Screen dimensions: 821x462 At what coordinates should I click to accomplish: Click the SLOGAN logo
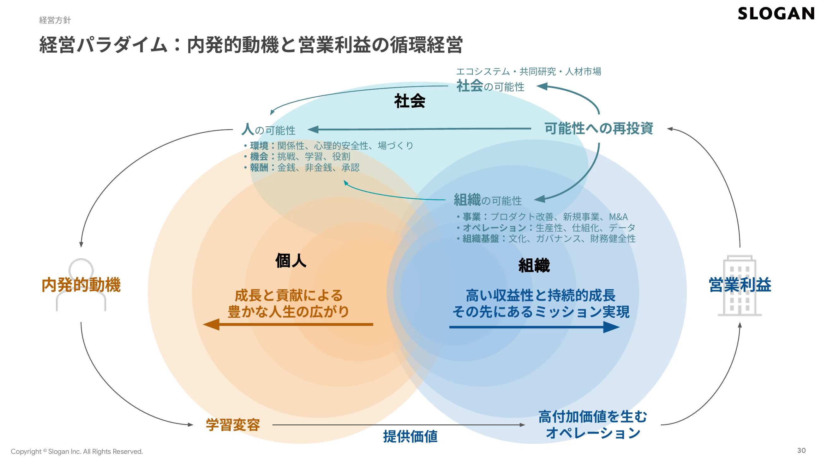click(776, 13)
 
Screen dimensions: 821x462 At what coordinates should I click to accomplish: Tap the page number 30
click(801, 450)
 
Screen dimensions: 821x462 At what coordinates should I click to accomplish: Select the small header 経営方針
click(55, 20)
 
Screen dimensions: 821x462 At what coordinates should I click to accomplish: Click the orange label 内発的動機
click(81, 285)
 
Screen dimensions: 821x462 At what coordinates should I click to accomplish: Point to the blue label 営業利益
click(740, 285)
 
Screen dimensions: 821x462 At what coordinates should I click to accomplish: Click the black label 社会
click(410, 101)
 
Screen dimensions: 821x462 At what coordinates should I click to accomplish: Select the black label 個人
click(291, 261)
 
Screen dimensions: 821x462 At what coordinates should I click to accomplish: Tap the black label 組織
click(534, 265)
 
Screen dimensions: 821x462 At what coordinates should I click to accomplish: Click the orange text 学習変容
click(233, 425)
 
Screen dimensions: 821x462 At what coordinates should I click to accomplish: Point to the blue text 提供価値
click(410, 436)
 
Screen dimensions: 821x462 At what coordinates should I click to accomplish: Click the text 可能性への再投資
click(599, 128)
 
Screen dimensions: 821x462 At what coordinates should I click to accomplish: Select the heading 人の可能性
click(268, 129)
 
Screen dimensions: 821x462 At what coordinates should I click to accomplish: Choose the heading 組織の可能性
click(488, 200)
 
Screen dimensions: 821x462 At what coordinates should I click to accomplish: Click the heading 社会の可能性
click(490, 86)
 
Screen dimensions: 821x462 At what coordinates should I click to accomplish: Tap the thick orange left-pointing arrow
click(288, 324)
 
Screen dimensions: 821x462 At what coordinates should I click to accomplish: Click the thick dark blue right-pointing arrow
click(535, 327)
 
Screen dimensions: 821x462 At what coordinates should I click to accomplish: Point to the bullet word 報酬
click(259, 167)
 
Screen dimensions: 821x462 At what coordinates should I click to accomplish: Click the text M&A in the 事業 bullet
click(618, 217)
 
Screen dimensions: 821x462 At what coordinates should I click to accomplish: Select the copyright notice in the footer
click(77, 451)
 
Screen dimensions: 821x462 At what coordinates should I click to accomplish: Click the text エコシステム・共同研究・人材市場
click(529, 71)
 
